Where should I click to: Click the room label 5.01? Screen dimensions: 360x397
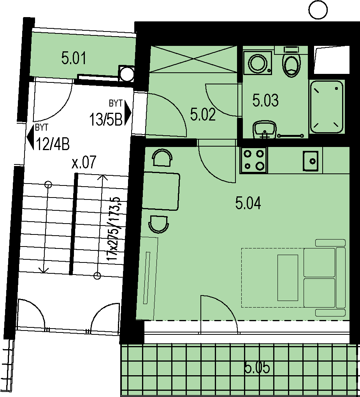click(x=74, y=58)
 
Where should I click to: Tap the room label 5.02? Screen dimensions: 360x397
click(x=203, y=114)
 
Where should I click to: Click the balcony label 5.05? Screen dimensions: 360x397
click(x=257, y=367)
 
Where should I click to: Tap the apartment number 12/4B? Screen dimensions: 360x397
click(x=53, y=144)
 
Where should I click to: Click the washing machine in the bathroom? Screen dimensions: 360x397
click(x=257, y=63)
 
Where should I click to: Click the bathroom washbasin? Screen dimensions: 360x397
click(x=265, y=129)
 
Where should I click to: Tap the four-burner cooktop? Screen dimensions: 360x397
click(x=253, y=160)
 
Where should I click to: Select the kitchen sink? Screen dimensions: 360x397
click(x=311, y=161)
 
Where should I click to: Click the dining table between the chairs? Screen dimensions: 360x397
click(x=161, y=191)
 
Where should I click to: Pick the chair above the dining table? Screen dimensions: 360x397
click(x=163, y=157)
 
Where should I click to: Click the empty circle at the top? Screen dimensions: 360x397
click(x=319, y=10)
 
